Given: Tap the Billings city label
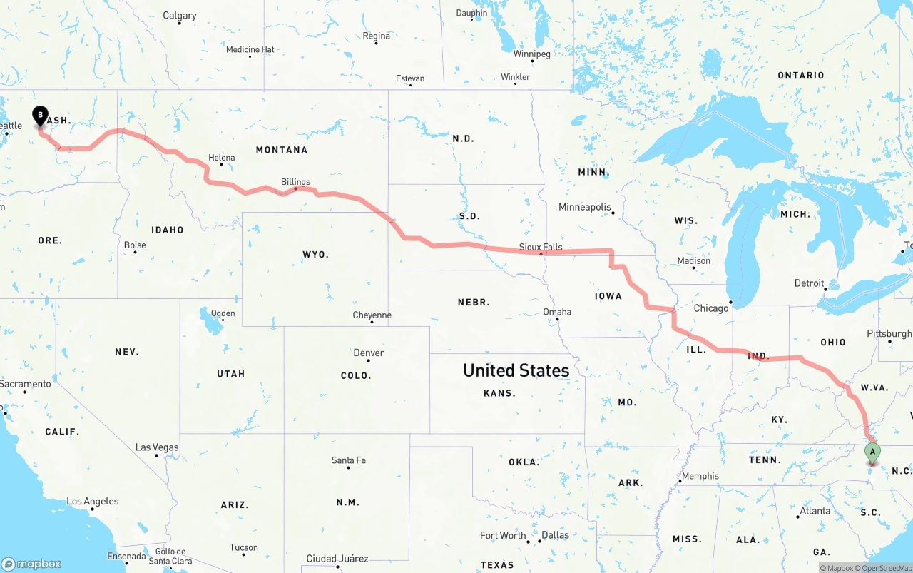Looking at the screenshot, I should [x=295, y=182].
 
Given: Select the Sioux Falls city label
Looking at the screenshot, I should [x=540, y=247].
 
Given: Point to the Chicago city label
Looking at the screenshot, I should [x=711, y=308].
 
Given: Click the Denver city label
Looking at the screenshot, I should [x=369, y=353].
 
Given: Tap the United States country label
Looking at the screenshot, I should [x=516, y=370].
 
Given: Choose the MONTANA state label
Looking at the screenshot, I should [x=282, y=150].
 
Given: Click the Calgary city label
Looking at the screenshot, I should [x=180, y=16].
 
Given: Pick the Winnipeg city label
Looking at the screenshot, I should [x=532, y=54].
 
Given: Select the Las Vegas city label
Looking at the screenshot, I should [x=157, y=447].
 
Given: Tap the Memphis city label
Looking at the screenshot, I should [x=700, y=476].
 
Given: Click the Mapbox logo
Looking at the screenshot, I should [x=31, y=563].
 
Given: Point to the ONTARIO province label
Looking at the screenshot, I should [x=801, y=76].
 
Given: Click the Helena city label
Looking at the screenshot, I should [x=221, y=158].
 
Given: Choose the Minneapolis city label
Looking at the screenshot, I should [x=585, y=207].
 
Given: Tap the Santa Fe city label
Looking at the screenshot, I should [x=349, y=460].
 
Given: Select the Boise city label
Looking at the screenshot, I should [x=135, y=245].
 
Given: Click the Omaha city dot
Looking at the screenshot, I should [x=557, y=319].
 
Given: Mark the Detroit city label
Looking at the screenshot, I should [x=810, y=283].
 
